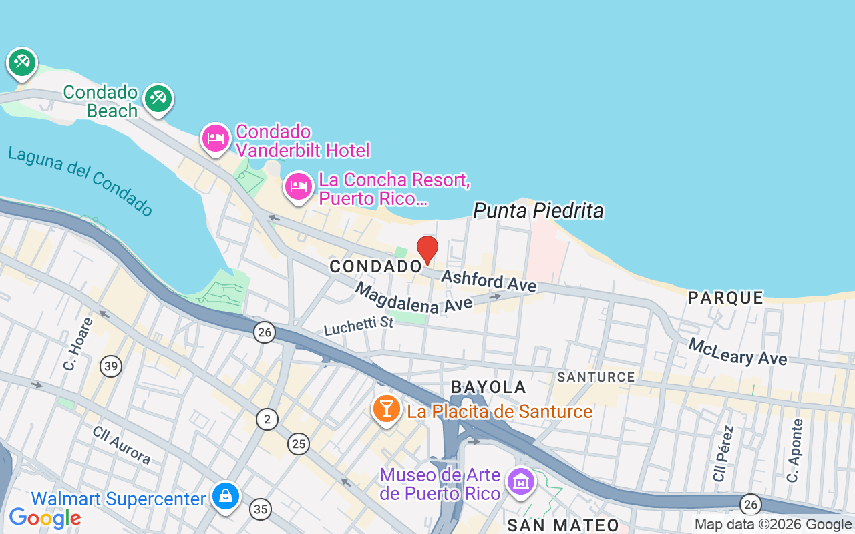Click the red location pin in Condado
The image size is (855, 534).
tap(427, 250)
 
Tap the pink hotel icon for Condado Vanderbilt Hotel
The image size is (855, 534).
tap(215, 138)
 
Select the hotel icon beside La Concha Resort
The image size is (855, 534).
tap(299, 186)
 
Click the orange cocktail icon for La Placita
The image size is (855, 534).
tap(386, 409)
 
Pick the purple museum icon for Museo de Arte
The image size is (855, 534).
tap(520, 481)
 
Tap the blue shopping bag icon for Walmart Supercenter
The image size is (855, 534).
tap(226, 496)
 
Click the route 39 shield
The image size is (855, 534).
tap(111, 366)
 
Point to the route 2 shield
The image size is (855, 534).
tap(267, 419)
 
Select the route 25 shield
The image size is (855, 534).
tap(299, 443)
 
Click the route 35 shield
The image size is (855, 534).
tap(261, 509)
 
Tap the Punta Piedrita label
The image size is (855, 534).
tap(538, 211)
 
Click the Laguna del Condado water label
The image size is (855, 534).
tap(80, 181)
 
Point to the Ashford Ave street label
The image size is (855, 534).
tap(489, 280)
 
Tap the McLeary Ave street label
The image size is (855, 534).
tap(737, 352)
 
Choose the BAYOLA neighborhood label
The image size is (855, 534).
tap(489, 387)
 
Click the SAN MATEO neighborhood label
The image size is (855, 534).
tap(563, 525)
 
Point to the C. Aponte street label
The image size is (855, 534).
tap(794, 450)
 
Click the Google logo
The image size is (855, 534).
tap(45, 517)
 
